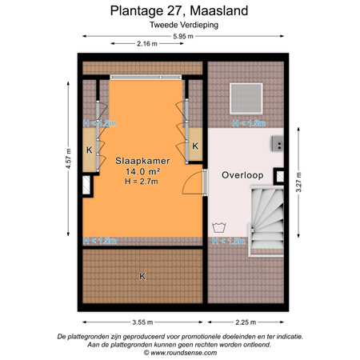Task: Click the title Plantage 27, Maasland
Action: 179,11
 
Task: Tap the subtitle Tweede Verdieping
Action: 179,26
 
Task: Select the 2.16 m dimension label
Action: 146,44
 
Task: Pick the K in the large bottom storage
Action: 142,276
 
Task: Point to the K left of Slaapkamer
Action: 89,150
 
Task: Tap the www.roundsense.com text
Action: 180,351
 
